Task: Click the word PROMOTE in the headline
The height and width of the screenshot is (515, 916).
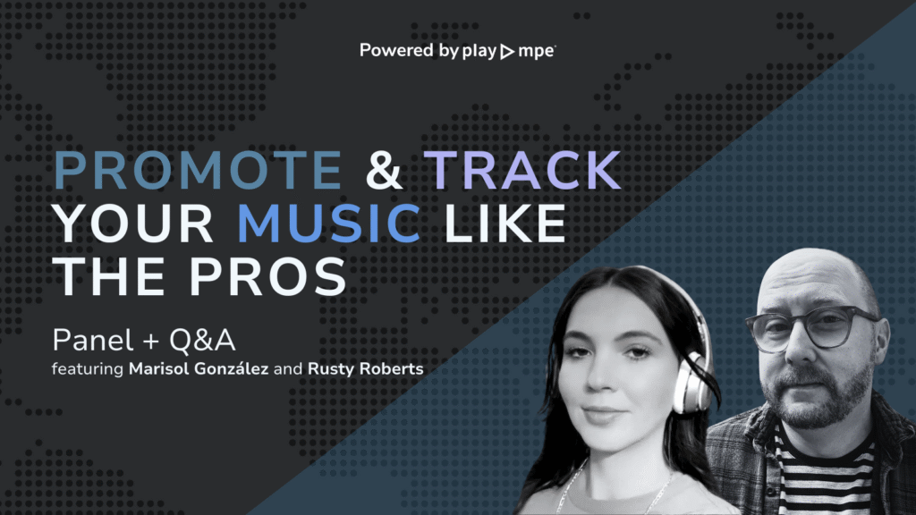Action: pyautogui.click(x=198, y=171)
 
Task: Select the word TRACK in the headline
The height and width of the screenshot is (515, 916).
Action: pyautogui.click(x=523, y=171)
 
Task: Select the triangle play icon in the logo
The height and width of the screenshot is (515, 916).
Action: pyautogui.click(x=506, y=52)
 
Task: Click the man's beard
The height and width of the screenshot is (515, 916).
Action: pyautogui.click(x=818, y=393)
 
